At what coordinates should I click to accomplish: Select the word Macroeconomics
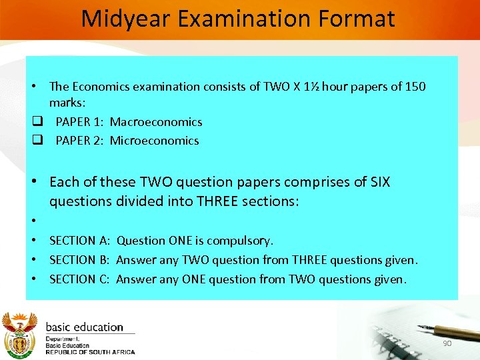156,122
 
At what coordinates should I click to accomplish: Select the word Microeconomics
154,141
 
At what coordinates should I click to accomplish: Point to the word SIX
378,182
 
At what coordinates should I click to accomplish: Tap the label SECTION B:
80,260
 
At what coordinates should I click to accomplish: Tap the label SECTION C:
80,279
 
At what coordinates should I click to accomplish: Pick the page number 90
447,343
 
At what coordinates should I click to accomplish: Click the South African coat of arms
20,335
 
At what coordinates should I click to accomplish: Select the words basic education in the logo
84,327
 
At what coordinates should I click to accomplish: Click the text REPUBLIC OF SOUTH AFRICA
90,352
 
